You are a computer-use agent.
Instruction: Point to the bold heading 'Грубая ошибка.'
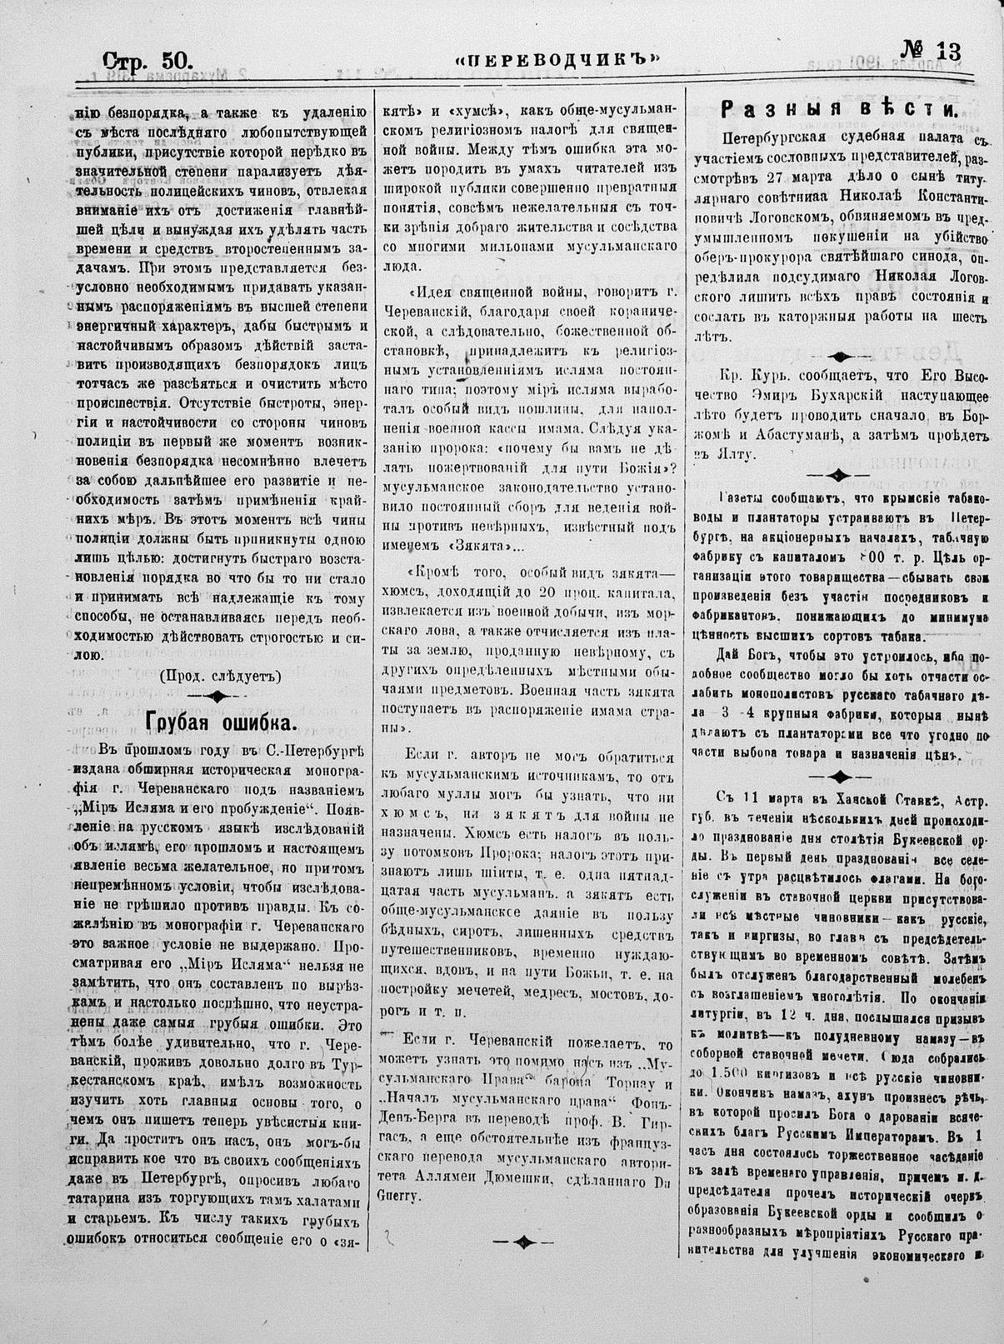(x=220, y=721)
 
